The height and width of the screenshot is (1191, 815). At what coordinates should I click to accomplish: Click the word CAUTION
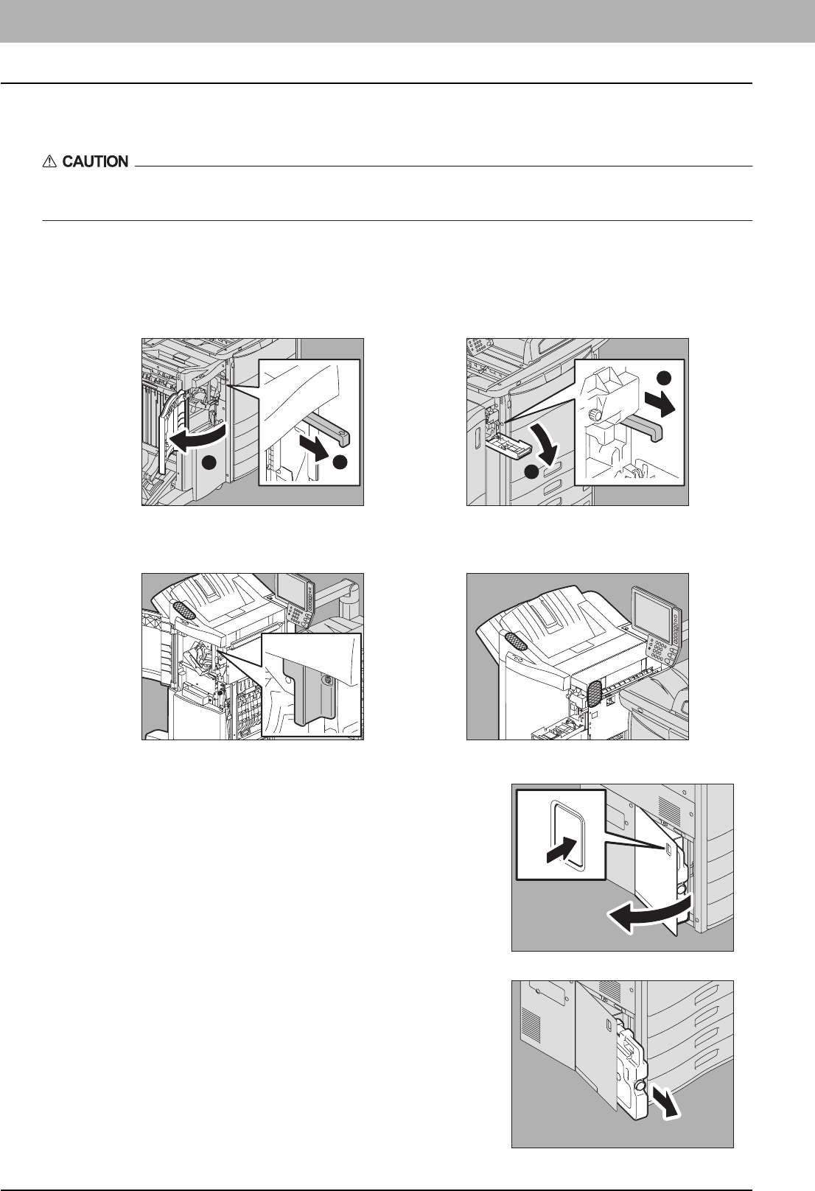(95, 161)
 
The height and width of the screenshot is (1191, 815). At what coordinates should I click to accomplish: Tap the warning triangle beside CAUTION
(49, 161)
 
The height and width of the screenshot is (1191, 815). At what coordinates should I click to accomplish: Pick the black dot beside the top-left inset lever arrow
(340, 463)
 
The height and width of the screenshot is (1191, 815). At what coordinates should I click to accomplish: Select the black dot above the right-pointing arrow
(664, 378)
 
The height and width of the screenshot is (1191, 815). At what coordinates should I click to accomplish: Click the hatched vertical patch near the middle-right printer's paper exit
(594, 695)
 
